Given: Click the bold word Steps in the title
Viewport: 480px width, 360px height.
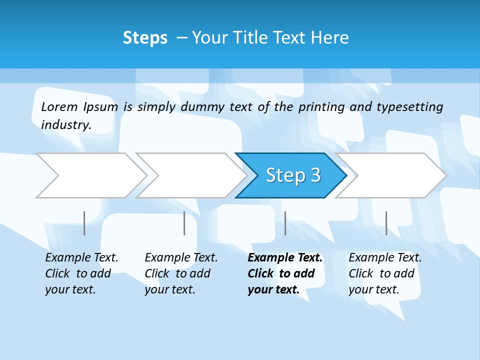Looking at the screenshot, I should [x=145, y=38].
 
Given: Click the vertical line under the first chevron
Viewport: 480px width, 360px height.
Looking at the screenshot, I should [x=84, y=223].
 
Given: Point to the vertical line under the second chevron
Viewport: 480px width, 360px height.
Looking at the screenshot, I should [x=184, y=223].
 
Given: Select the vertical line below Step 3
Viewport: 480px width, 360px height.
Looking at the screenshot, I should [x=285, y=223].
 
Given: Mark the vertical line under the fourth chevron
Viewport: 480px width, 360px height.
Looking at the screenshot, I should [x=386, y=223].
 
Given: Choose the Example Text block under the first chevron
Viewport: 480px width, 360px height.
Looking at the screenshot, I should [x=81, y=273].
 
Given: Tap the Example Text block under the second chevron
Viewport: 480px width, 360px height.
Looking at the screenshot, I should [x=180, y=273].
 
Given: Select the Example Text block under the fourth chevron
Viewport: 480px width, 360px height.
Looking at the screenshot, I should [x=384, y=273].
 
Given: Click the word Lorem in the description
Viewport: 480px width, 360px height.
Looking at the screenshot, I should [x=59, y=106].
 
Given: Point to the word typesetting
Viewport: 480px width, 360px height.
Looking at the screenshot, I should [x=409, y=107].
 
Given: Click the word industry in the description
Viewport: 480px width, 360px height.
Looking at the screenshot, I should [x=65, y=125].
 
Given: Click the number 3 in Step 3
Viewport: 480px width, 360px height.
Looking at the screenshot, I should [x=315, y=175].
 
